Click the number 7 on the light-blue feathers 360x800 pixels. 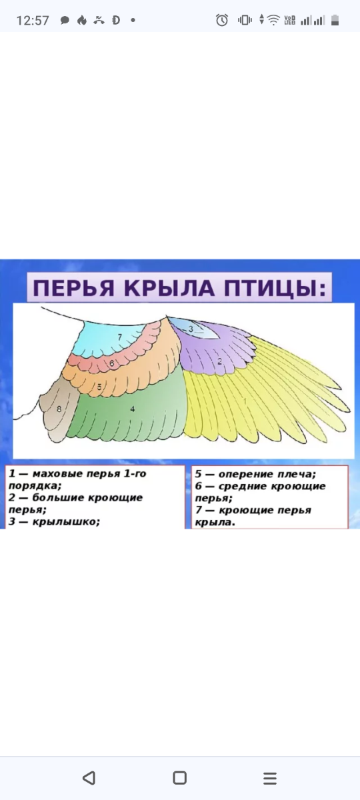(x=120, y=337)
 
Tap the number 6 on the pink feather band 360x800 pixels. (x=112, y=363)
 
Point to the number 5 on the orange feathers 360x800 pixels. (x=99, y=387)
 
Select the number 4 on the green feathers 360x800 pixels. (x=133, y=409)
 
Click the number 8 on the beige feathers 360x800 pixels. (x=59, y=409)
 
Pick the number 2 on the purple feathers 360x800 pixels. (x=219, y=361)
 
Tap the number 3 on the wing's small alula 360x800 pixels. (x=191, y=329)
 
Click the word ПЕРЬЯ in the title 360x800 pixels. (x=73, y=288)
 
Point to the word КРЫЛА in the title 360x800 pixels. (x=169, y=288)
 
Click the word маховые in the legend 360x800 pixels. (x=54, y=474)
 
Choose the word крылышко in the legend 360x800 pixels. (x=66, y=521)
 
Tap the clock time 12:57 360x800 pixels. (x=33, y=21)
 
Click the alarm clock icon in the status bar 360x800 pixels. (x=222, y=20)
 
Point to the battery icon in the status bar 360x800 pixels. (x=335, y=20)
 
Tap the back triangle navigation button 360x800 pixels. (x=89, y=777)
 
